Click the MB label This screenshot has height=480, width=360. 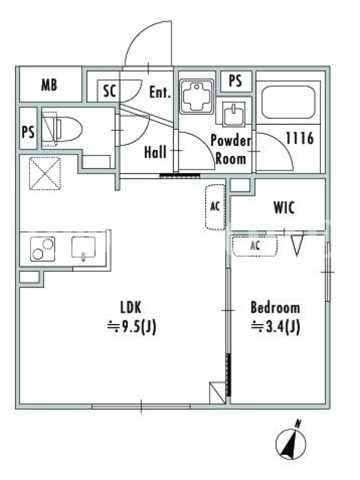pyautogui.click(x=49, y=85)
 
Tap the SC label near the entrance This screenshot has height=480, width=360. pyautogui.click(x=109, y=91)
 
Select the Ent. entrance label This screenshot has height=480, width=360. pyautogui.click(x=160, y=92)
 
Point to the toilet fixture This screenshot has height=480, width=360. pyautogui.click(x=62, y=129)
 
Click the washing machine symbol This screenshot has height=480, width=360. pyautogui.click(x=197, y=97)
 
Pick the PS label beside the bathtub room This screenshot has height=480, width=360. pyautogui.click(x=235, y=81)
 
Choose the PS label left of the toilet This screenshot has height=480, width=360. pyautogui.click(x=28, y=132)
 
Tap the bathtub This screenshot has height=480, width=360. pyautogui.click(x=289, y=102)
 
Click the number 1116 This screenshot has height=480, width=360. pyautogui.click(x=299, y=138)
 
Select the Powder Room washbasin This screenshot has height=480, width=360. pyautogui.click(x=234, y=114)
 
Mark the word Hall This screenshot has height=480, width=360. pyautogui.click(x=155, y=152)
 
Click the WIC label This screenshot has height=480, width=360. pyautogui.click(x=284, y=208)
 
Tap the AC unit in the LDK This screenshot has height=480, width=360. pyautogui.click(x=215, y=206)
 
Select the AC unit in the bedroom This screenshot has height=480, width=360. pyautogui.click(x=255, y=245)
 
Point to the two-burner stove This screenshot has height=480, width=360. pyautogui.click(x=43, y=249)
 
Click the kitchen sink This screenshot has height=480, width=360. pyautogui.click(x=83, y=248)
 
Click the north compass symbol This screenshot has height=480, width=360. pyautogui.click(x=291, y=442)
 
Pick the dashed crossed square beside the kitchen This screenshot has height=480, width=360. pyautogui.click(x=45, y=173)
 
